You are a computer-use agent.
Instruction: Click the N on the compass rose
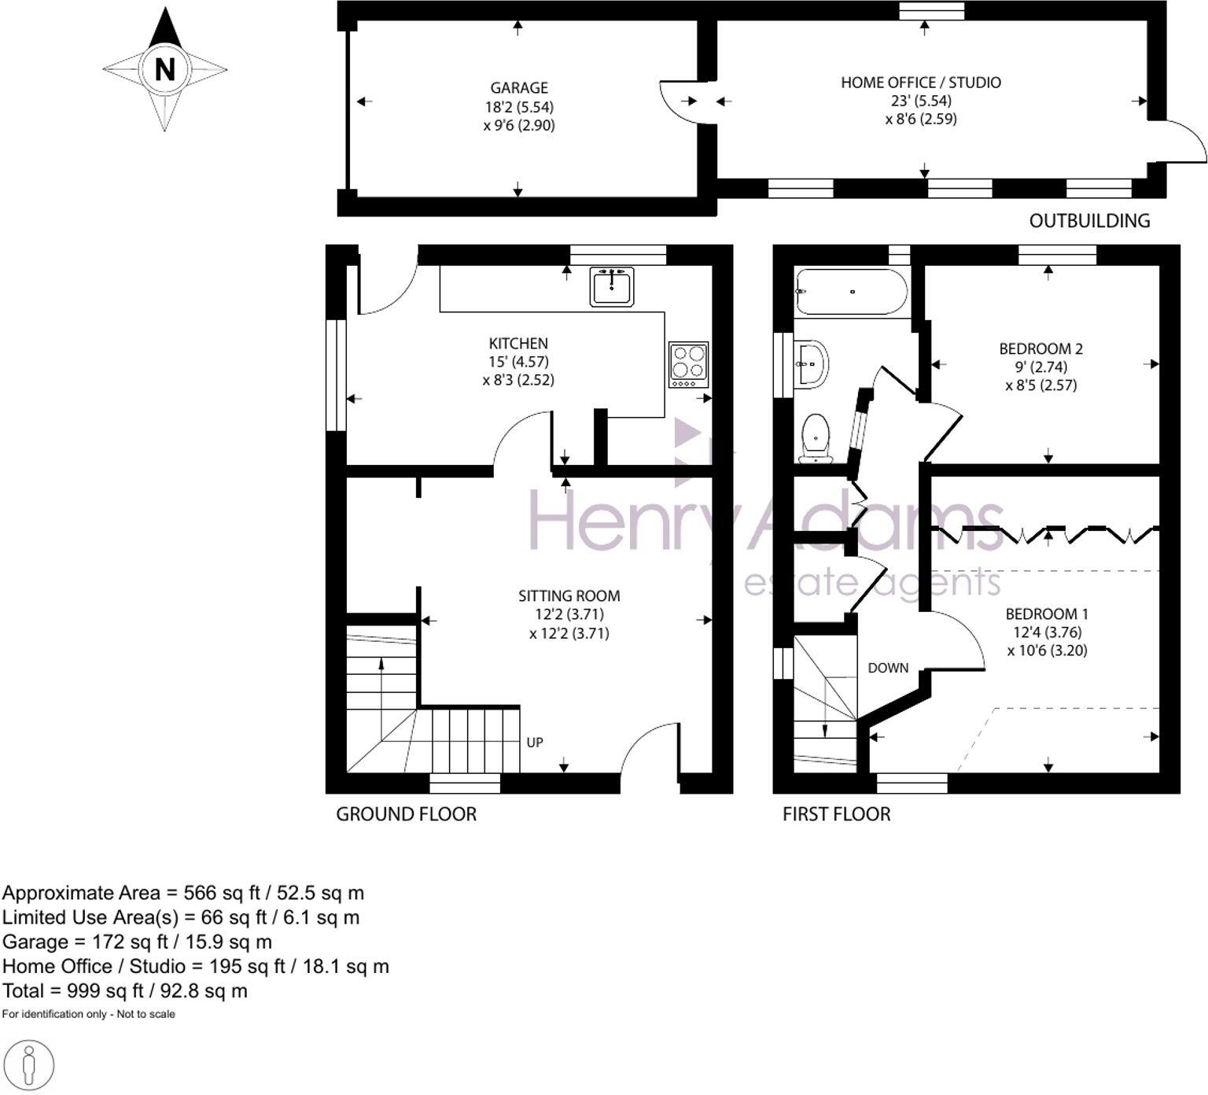[x=164, y=69]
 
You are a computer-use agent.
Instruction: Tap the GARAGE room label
[x=519, y=88]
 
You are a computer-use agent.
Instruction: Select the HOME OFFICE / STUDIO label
[x=921, y=83]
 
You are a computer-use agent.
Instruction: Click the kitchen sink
[x=612, y=286]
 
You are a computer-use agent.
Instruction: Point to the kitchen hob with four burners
[x=688, y=364]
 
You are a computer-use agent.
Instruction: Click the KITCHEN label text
[x=518, y=344]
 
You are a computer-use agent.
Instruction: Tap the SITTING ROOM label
[x=569, y=596]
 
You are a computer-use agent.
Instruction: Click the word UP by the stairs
[x=535, y=743]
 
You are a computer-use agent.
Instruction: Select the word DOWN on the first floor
[x=888, y=668]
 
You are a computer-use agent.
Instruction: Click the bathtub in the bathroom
[x=852, y=292]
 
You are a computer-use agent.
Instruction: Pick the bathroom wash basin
[x=811, y=364]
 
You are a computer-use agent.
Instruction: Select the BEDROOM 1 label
[x=1047, y=614]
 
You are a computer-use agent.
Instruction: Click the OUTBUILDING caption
[x=1089, y=221]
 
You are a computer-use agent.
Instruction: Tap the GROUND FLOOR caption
[x=406, y=814]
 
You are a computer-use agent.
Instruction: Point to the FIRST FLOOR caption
[x=836, y=814]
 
